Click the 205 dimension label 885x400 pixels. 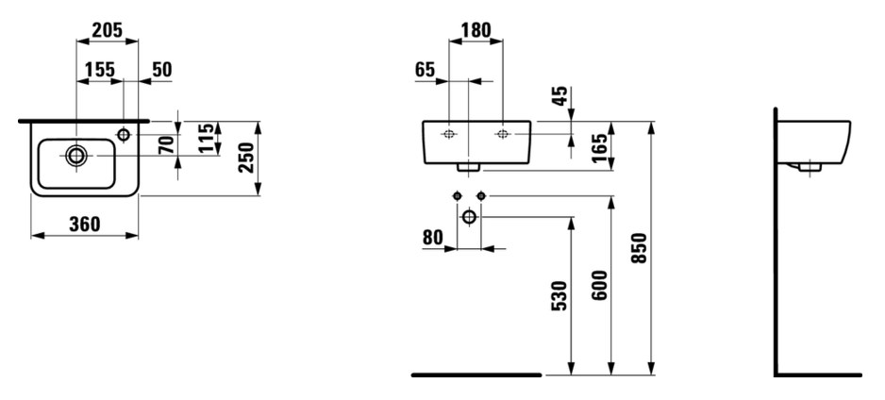pyautogui.click(x=108, y=30)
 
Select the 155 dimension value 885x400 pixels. pyautogui.click(x=100, y=70)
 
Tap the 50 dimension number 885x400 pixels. pyautogui.click(x=162, y=70)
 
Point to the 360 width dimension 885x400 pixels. pyautogui.click(x=85, y=225)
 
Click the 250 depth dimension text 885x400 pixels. pyautogui.click(x=246, y=158)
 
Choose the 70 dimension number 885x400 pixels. pyautogui.click(x=166, y=145)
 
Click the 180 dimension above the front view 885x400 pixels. pyautogui.click(x=476, y=30)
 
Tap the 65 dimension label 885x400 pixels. pyautogui.click(x=425, y=70)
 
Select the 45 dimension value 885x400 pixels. pyautogui.click(x=559, y=96)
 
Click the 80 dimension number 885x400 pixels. pyautogui.click(x=433, y=238)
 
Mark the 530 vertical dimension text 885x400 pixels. pyautogui.click(x=559, y=296)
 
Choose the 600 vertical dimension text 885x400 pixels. pyautogui.click(x=600, y=286)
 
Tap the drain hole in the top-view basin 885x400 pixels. pyautogui.click(x=76, y=156)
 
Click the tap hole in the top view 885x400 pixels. pyautogui.click(x=124, y=134)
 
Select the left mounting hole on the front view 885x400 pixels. pyautogui.click(x=449, y=134)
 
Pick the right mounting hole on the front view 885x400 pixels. pyautogui.click(x=502, y=134)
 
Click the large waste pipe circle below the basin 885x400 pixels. pyautogui.click(x=469, y=217)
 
